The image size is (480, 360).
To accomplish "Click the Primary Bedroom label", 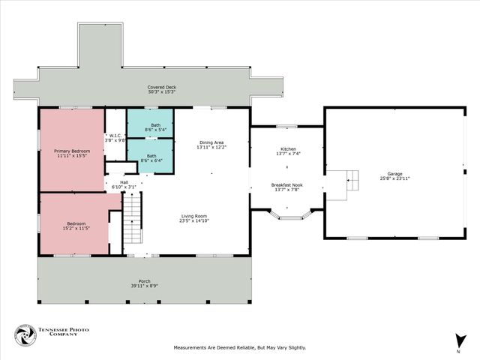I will tap(72, 151).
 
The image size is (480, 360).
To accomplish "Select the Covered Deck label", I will tap(161, 87).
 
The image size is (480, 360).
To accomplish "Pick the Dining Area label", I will tap(211, 142).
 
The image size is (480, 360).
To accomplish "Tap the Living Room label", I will tap(193, 216).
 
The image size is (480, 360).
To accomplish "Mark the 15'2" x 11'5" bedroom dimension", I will tap(76, 227).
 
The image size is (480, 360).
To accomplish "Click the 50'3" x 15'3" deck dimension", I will tap(161, 92).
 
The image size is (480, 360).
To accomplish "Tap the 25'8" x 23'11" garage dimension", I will tap(394, 179).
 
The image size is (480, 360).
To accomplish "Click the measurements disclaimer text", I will tap(240, 347).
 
